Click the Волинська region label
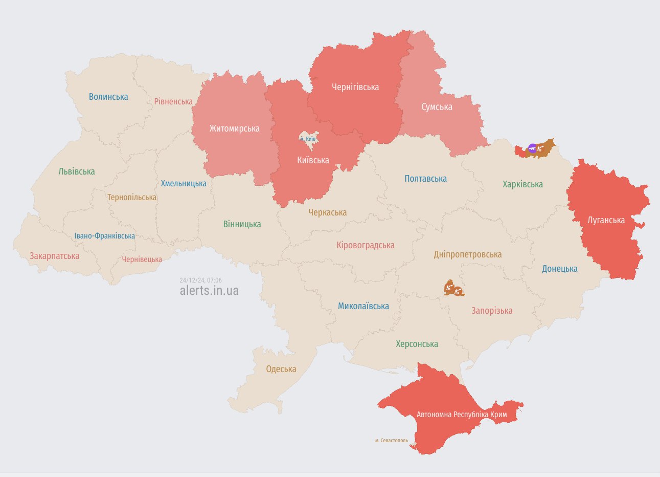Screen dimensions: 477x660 click(108, 97)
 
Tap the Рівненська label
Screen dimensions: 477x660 click(173, 101)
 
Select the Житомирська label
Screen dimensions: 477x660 click(234, 128)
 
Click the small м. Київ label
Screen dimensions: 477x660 click(308, 139)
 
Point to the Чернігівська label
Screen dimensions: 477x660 click(355, 87)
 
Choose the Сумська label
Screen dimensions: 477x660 click(437, 107)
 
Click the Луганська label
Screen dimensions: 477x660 click(606, 220)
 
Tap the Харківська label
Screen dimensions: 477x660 click(522, 184)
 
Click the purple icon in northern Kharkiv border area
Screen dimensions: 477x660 click(532, 149)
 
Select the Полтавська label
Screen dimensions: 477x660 click(425, 179)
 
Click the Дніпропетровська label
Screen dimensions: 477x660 click(467, 254)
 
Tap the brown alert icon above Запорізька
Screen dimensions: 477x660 click(453, 289)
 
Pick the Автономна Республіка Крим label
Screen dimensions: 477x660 click(462, 414)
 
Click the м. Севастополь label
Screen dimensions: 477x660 click(392, 440)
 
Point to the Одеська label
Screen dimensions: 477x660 click(281, 369)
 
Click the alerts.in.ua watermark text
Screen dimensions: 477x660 click(209, 290)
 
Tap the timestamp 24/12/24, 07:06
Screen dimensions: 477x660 click(200, 280)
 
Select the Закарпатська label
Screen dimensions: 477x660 click(54, 256)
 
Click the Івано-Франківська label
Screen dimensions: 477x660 click(105, 236)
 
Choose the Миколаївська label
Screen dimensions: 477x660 click(363, 306)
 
